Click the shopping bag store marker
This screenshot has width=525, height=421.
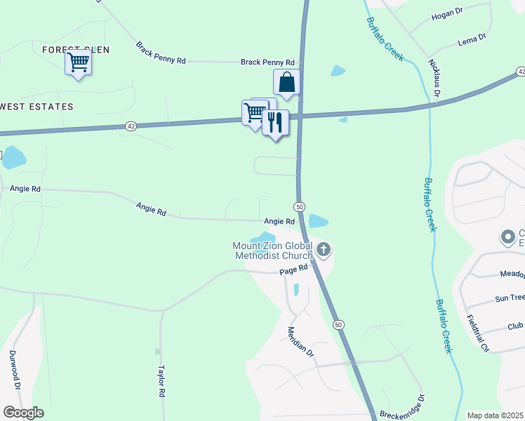tap(286, 83)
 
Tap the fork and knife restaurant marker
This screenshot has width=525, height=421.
tap(275, 123)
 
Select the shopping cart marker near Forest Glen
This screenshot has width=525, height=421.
tap(78, 62)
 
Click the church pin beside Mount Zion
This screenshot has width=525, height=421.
tap(323, 248)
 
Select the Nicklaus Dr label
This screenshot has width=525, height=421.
tap(434, 78)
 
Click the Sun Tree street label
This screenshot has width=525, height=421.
tap(510, 298)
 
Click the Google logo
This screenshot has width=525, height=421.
tap(22, 413)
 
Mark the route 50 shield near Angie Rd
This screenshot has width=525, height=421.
tap(299, 206)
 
